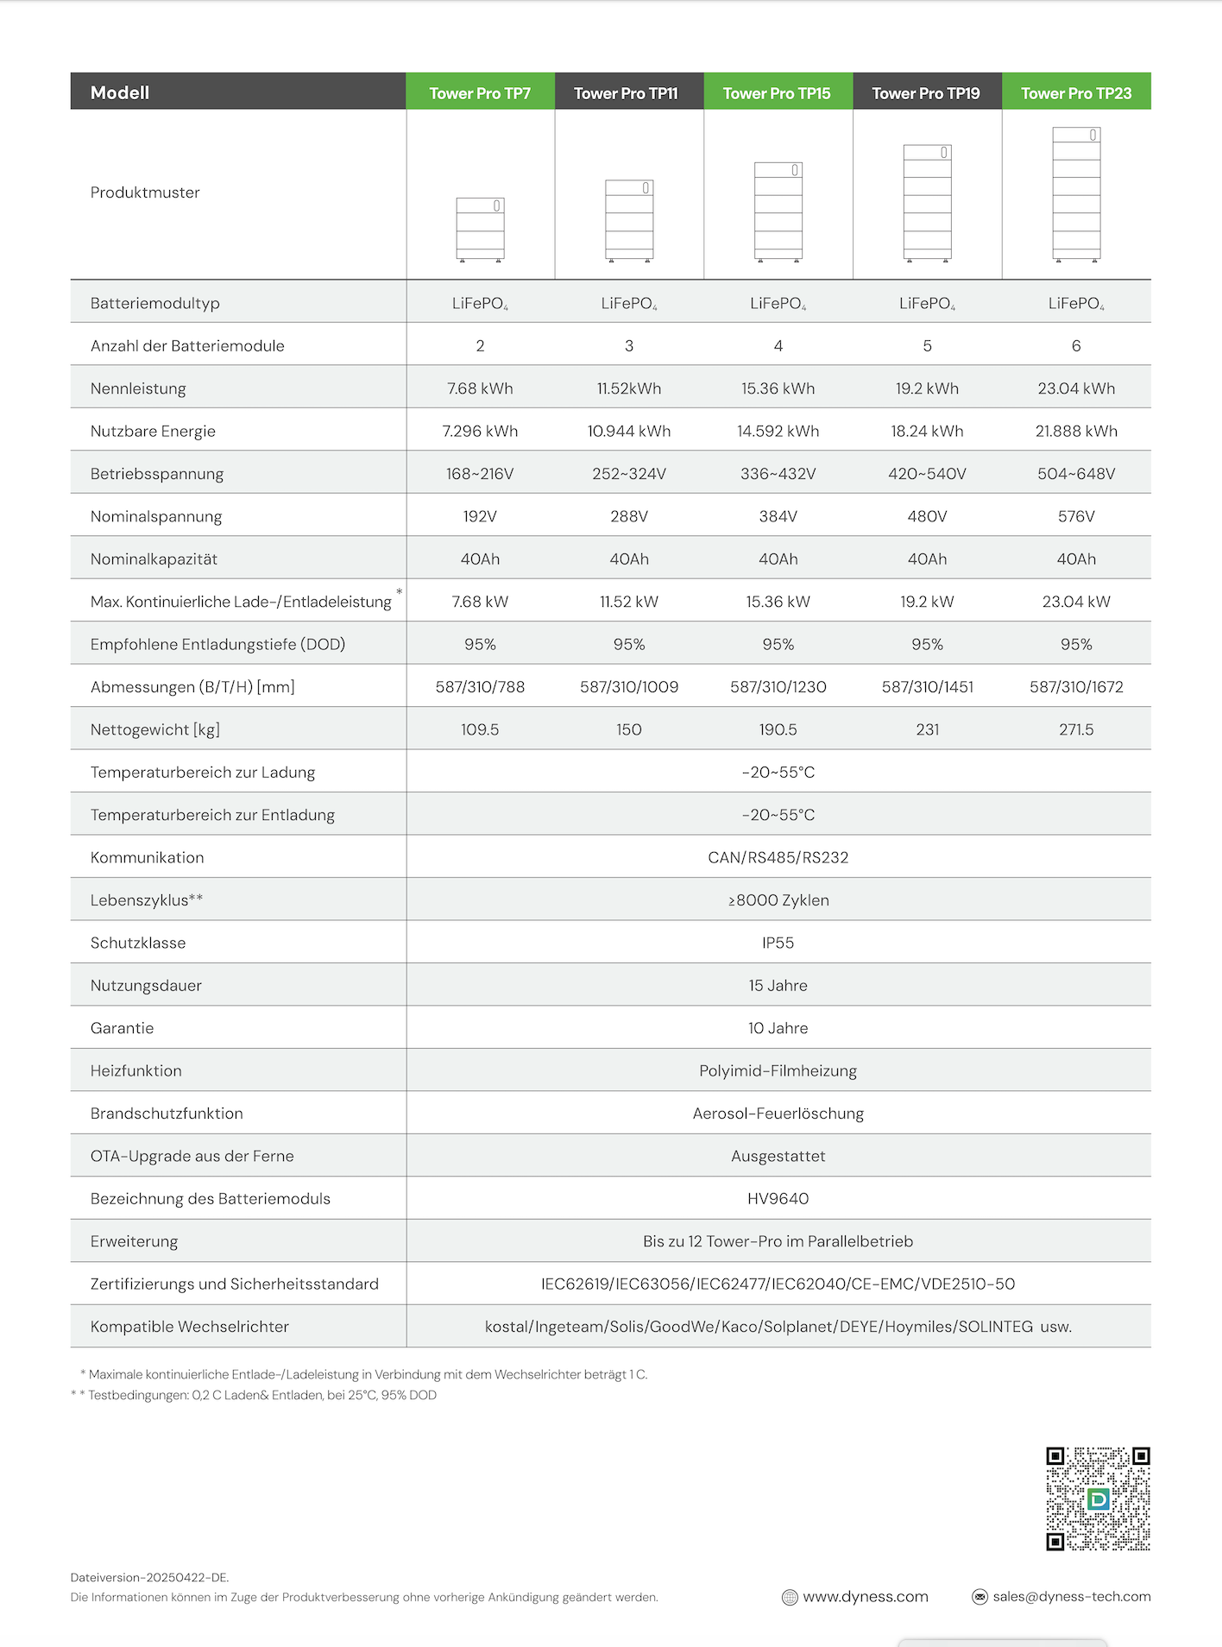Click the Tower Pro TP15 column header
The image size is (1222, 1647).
777,93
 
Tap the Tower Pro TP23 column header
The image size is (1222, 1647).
1075,93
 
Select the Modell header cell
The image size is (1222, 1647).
120,92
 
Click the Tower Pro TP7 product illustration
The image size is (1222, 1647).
480,230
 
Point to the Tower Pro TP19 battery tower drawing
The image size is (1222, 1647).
927,202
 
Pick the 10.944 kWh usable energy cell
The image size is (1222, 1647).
628,431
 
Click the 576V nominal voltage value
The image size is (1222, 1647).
1075,516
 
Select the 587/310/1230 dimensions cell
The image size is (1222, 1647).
778,687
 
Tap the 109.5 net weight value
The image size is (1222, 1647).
480,729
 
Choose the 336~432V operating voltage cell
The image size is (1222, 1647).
778,474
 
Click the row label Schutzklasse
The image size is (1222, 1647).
138,943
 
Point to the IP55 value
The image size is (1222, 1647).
778,943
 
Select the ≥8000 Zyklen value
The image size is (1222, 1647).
778,900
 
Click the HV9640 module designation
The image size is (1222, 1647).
778,1199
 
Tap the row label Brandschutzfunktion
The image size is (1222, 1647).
167,1114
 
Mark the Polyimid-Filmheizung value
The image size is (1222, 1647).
778,1071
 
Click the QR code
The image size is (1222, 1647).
1098,1499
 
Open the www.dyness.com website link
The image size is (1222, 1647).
865,1597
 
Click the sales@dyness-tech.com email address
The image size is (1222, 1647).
1071,1597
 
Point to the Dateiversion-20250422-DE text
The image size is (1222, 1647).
149,1577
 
